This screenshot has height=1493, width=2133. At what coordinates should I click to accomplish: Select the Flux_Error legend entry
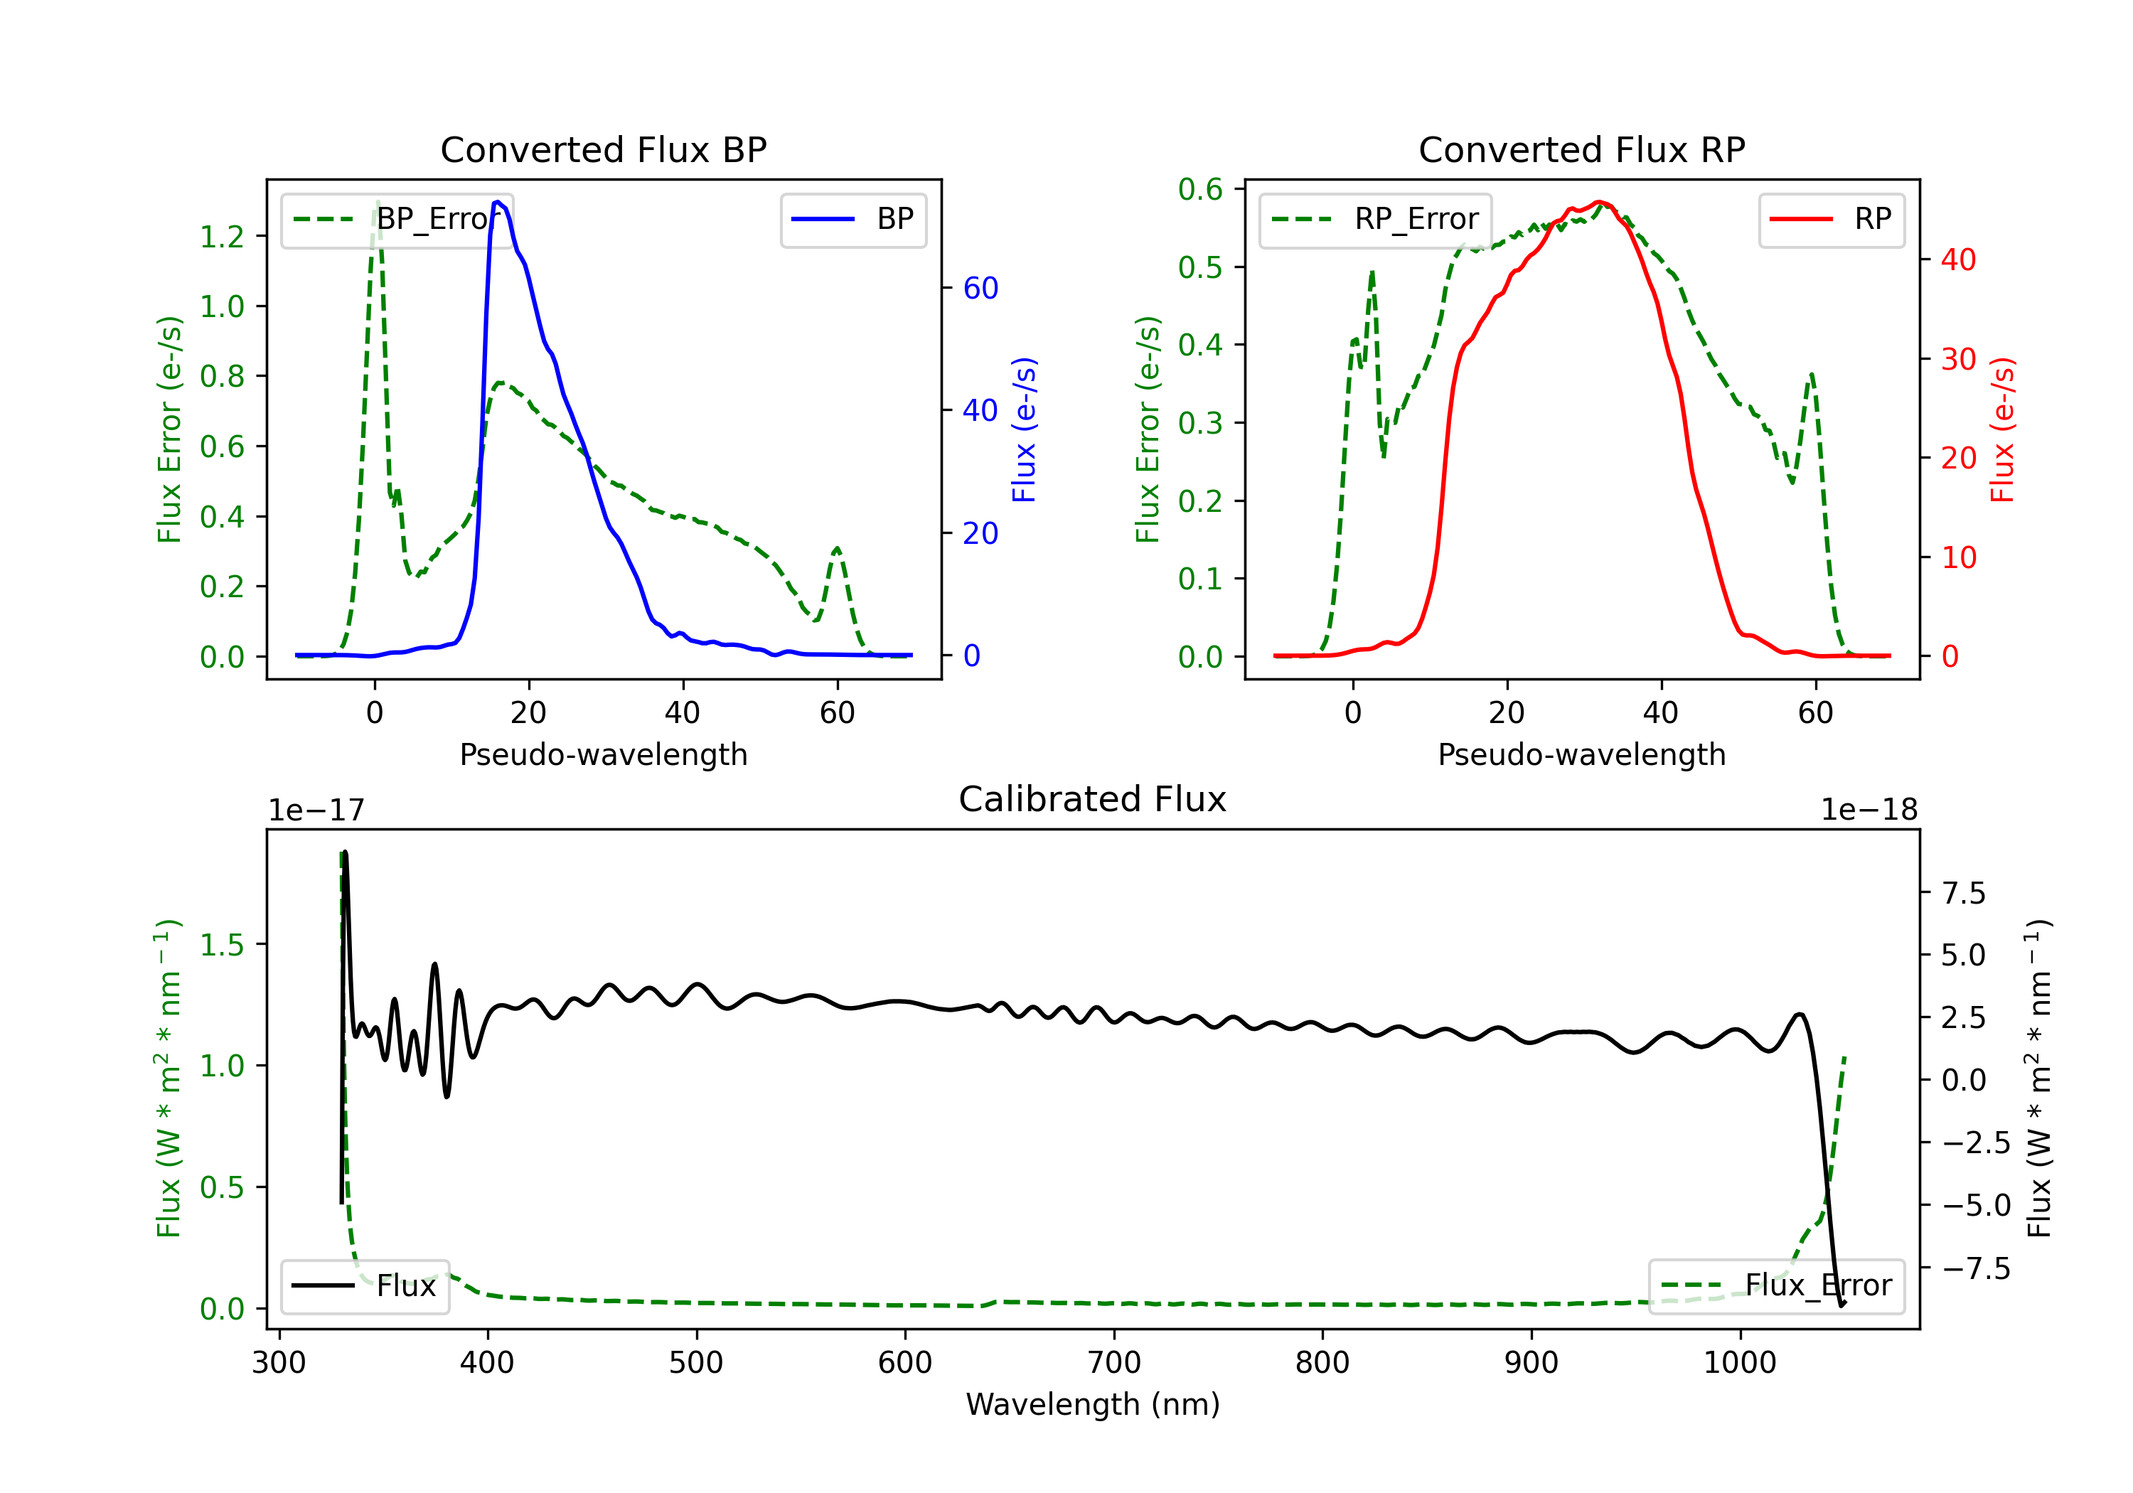[x=1775, y=1286]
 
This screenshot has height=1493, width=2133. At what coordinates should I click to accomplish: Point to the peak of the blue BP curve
[x=498, y=202]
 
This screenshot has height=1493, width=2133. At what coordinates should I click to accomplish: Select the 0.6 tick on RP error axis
[x=1200, y=190]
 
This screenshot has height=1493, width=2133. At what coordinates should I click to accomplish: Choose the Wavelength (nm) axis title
[x=1093, y=1405]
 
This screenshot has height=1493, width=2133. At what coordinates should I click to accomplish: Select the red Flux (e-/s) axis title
[x=2002, y=430]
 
